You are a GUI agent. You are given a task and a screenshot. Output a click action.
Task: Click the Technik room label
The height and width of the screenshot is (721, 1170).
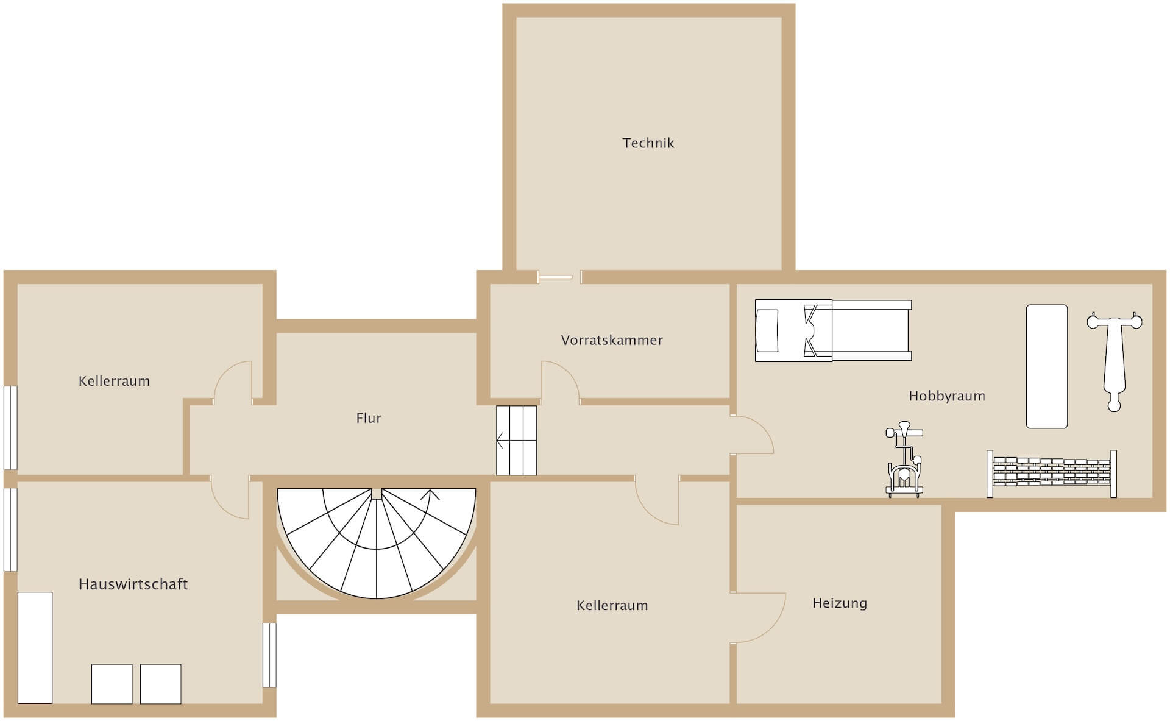coord(648,143)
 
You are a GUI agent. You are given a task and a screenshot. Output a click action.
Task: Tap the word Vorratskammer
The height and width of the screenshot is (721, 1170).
coord(612,340)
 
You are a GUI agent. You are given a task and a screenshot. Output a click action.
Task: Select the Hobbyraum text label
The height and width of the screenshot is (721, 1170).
coord(946,396)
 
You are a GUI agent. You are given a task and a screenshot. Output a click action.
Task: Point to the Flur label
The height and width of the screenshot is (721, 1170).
coord(369,418)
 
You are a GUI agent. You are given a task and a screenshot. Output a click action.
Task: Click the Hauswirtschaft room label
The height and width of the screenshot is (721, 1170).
coord(133,584)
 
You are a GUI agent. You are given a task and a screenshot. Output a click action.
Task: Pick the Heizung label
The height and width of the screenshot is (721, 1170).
coord(839,603)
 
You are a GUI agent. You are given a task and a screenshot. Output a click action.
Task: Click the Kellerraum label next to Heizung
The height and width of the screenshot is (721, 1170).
coord(612,606)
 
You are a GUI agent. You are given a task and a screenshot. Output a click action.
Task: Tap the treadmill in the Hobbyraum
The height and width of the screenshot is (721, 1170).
coord(832,330)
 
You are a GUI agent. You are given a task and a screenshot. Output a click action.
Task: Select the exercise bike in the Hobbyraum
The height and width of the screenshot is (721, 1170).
coord(904,463)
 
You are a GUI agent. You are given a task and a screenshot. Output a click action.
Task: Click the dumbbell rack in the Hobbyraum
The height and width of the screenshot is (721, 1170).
coord(1052,474)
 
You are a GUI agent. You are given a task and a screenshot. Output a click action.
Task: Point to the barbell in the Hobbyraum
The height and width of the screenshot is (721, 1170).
coord(1114,360)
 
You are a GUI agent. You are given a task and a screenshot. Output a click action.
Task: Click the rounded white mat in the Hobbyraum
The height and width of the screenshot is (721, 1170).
coord(1046,366)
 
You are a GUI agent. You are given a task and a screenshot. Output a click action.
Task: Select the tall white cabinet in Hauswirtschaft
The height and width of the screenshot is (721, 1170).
coord(35,647)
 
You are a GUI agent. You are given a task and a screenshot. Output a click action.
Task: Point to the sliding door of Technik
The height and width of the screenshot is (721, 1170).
coord(556,277)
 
